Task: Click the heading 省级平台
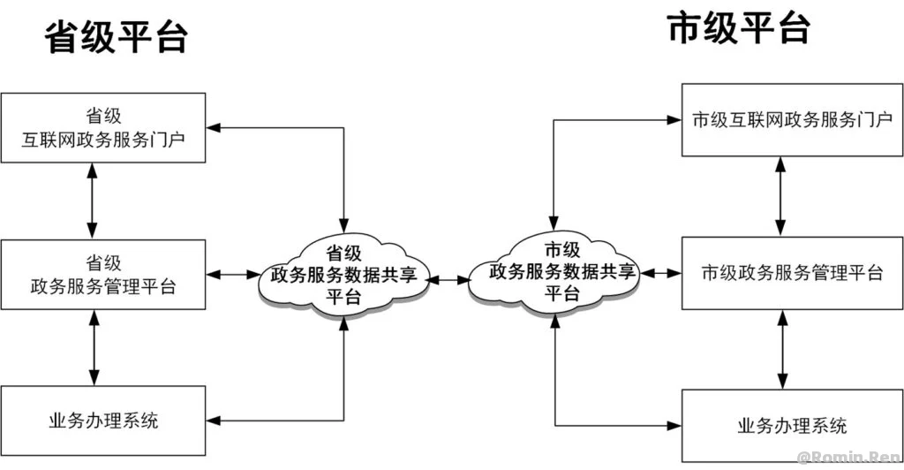(117, 37)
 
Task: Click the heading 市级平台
(739, 27)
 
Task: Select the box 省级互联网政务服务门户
(103, 128)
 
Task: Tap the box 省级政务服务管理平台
(103, 275)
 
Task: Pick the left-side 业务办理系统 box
(103, 420)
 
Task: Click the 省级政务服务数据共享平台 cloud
(343, 274)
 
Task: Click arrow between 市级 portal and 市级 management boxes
(780, 196)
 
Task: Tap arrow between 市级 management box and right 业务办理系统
(780, 349)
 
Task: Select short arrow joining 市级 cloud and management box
(660, 273)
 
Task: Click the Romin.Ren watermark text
(848, 458)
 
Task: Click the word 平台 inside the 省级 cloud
(343, 298)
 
